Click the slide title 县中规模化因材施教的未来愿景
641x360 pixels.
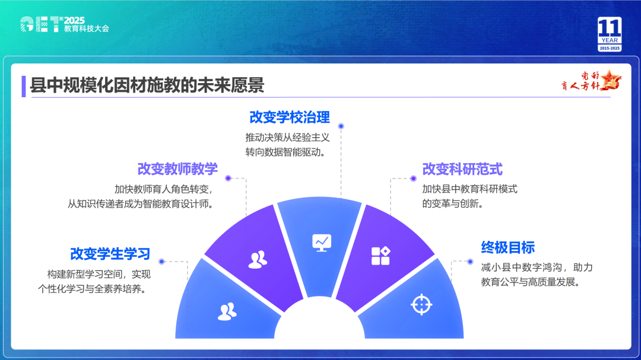click(147, 85)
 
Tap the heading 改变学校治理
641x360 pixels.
click(290, 117)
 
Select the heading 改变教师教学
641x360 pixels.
click(177, 169)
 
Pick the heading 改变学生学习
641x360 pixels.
click(110, 254)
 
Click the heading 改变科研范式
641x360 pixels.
click(462, 169)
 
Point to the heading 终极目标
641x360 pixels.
click(507, 248)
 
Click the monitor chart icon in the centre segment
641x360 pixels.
click(322, 243)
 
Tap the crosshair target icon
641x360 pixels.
click(421, 305)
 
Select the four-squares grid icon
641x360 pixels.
click(380, 256)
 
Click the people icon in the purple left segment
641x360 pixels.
click(258, 260)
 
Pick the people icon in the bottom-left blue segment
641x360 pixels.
click(227, 311)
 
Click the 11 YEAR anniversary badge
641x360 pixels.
click(610, 34)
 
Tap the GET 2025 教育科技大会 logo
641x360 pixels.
click(65, 24)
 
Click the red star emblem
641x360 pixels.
click(610, 80)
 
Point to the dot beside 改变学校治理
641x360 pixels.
click(341, 126)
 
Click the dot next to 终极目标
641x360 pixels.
click(470, 262)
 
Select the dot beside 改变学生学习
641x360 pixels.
click(161, 262)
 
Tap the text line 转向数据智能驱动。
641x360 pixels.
click(285, 152)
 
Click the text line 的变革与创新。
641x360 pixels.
click(453, 203)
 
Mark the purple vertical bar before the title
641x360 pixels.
click(24, 86)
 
